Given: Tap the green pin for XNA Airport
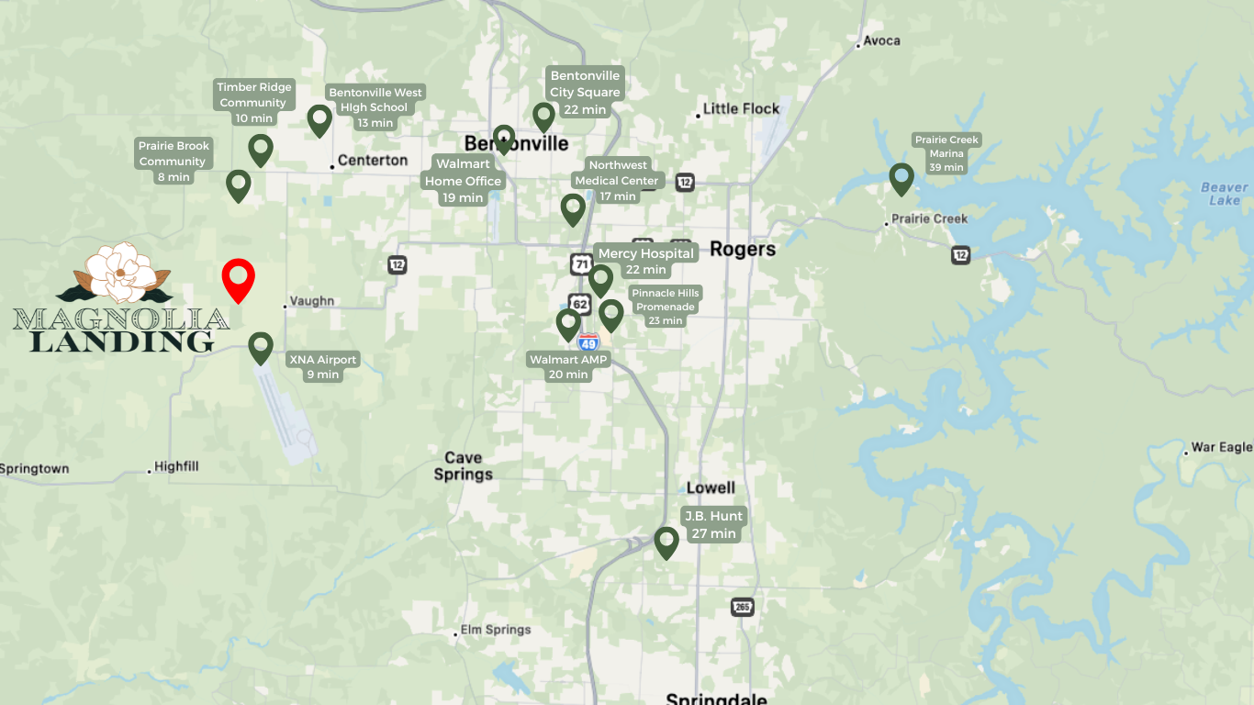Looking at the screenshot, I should (x=261, y=347).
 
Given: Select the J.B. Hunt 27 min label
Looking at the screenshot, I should (x=713, y=524).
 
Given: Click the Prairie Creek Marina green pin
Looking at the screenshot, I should (x=901, y=177).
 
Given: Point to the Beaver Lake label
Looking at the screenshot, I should (x=1225, y=194).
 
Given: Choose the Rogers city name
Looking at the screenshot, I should (x=743, y=249).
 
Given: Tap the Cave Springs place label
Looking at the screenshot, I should (x=464, y=465).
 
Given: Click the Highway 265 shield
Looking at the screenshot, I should (x=743, y=607).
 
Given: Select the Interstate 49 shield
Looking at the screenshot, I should (x=588, y=342).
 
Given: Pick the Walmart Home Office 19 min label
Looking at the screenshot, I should (x=463, y=181).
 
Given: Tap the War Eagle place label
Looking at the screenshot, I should (x=1221, y=447).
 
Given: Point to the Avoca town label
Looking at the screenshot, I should (x=881, y=40).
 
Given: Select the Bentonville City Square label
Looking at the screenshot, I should (x=585, y=92).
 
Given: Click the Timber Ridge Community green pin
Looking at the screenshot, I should (x=261, y=149).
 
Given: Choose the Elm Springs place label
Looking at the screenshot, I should (x=496, y=630).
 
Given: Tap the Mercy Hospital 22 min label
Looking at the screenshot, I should (x=646, y=262).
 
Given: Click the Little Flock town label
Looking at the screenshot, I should (x=741, y=108).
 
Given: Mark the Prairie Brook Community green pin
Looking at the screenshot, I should (x=239, y=184).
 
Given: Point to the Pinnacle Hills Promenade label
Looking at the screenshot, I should (x=666, y=307).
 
